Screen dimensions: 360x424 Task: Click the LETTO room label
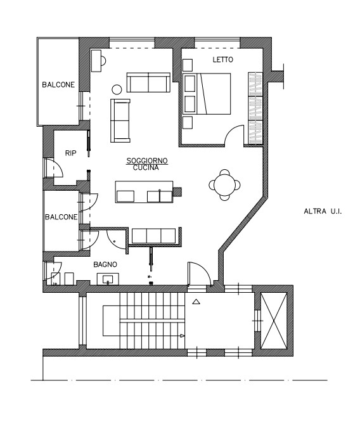pyautogui.click(x=222, y=60)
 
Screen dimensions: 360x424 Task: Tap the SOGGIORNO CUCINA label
pyautogui.click(x=147, y=164)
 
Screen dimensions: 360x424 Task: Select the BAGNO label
pyautogui.click(x=105, y=264)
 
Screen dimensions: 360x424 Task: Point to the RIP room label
pyautogui.click(x=70, y=153)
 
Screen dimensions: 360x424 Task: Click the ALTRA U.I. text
pyautogui.click(x=323, y=211)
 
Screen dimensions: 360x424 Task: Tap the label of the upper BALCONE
pyautogui.click(x=58, y=85)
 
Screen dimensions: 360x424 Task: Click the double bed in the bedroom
pyautogui.click(x=207, y=94)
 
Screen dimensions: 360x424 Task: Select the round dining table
pyautogui.click(x=224, y=185)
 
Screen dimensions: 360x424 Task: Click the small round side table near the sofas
pyautogui.click(x=117, y=89)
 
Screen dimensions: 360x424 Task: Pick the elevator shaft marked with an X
pyautogui.click(x=274, y=321)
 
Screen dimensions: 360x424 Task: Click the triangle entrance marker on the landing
pyautogui.click(x=196, y=302)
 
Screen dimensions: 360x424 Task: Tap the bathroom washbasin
pyautogui.click(x=108, y=279)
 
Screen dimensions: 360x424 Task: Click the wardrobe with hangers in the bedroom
pyautogui.click(x=255, y=108)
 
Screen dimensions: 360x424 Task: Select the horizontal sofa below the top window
pyautogui.click(x=148, y=82)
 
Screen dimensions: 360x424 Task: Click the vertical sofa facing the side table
pyautogui.click(x=120, y=120)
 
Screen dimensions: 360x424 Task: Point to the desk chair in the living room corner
pyautogui.click(x=103, y=61)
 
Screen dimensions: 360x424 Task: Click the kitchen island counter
pyautogui.click(x=144, y=192)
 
